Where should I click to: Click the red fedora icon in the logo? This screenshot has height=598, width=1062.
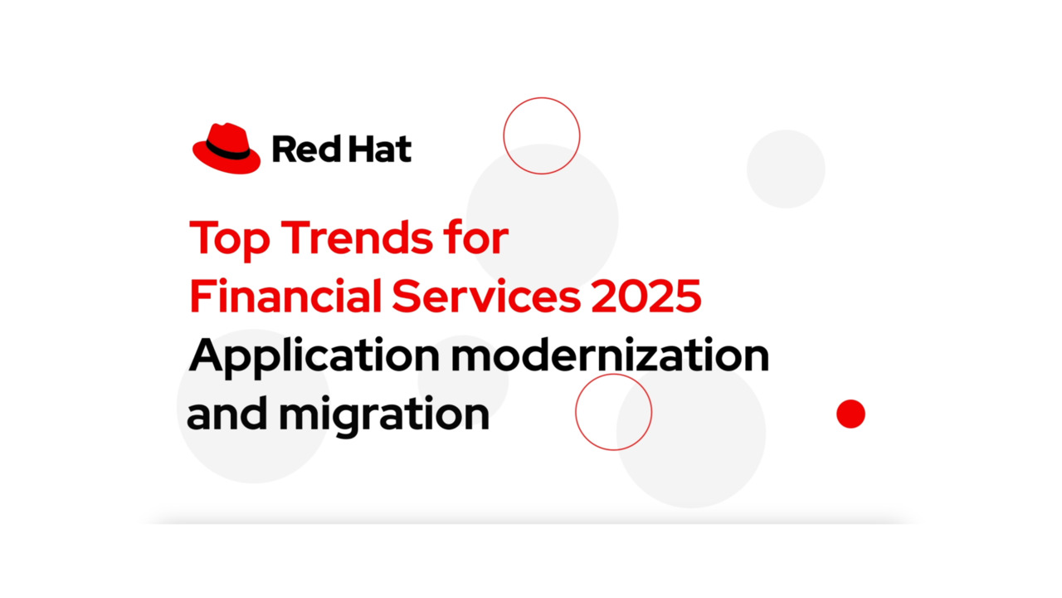click(x=226, y=149)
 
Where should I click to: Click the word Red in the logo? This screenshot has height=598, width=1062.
click(x=299, y=150)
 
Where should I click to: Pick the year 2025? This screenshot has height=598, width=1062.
click(x=646, y=297)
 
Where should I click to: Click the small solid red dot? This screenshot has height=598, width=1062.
click(x=850, y=414)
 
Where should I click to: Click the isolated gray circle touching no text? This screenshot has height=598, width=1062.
click(x=786, y=169)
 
